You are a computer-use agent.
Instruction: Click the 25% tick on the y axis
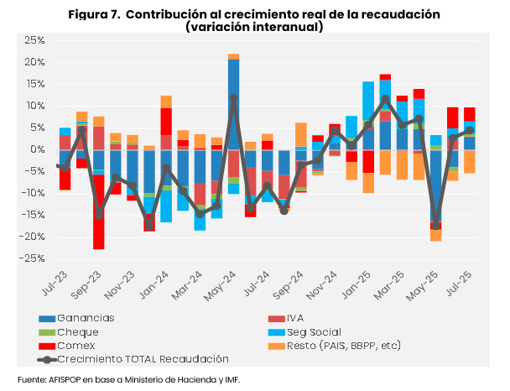click(x=34, y=40)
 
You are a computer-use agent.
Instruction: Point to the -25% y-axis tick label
click(x=33, y=258)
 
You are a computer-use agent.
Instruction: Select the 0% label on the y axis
click(x=38, y=149)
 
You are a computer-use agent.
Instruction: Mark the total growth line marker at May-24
click(x=233, y=98)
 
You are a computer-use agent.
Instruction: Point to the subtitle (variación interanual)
click(x=254, y=27)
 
